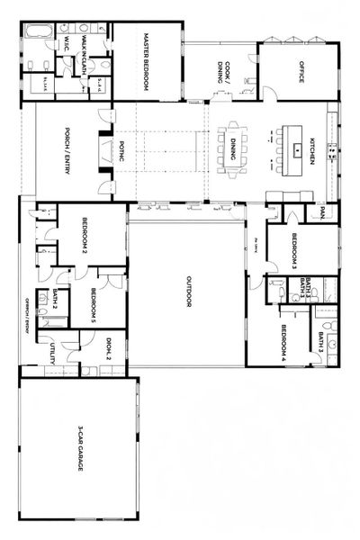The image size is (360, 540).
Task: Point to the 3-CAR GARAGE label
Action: point(80,449)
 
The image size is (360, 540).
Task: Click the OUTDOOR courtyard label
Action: point(188,290)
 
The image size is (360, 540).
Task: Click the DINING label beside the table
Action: point(232,147)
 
